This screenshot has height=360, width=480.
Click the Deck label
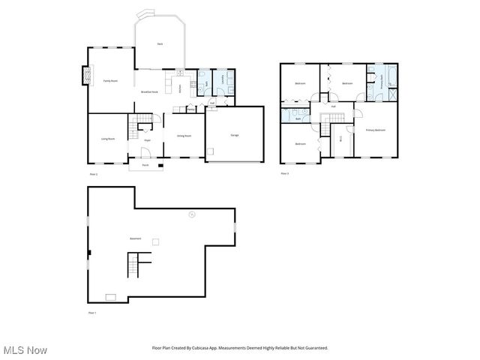coord(160,44)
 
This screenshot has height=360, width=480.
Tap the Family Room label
coord(110,80)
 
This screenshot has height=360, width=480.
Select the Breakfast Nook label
coord(149,91)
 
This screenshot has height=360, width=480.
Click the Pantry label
coord(192,109)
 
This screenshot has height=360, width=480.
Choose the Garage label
coord(235,135)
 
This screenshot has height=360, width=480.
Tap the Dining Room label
coord(184,136)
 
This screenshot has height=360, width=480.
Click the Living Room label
coord(108,139)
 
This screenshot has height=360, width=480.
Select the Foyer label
coord(148,139)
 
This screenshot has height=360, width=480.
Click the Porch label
coord(145,165)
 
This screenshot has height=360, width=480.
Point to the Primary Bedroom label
coord(376,130)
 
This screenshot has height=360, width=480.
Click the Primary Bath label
coord(383,84)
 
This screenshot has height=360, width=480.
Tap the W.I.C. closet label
coord(341,138)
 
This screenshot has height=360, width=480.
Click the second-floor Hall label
coord(334,106)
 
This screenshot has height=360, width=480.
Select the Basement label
coord(135,238)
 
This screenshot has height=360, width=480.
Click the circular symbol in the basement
coord(191,214)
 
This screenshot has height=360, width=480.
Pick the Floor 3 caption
coord(284,173)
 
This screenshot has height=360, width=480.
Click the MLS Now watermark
coord(25,350)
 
